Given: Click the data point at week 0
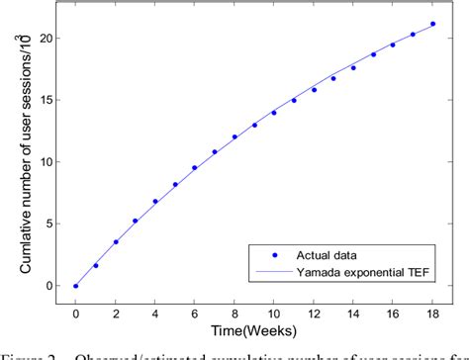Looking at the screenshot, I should point(75,286).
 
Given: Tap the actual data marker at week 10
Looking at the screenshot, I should point(274,113).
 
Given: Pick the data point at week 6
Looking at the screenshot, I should point(194,168).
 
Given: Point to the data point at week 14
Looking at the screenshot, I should point(353,67).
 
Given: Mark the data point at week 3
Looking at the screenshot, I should point(135,221).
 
